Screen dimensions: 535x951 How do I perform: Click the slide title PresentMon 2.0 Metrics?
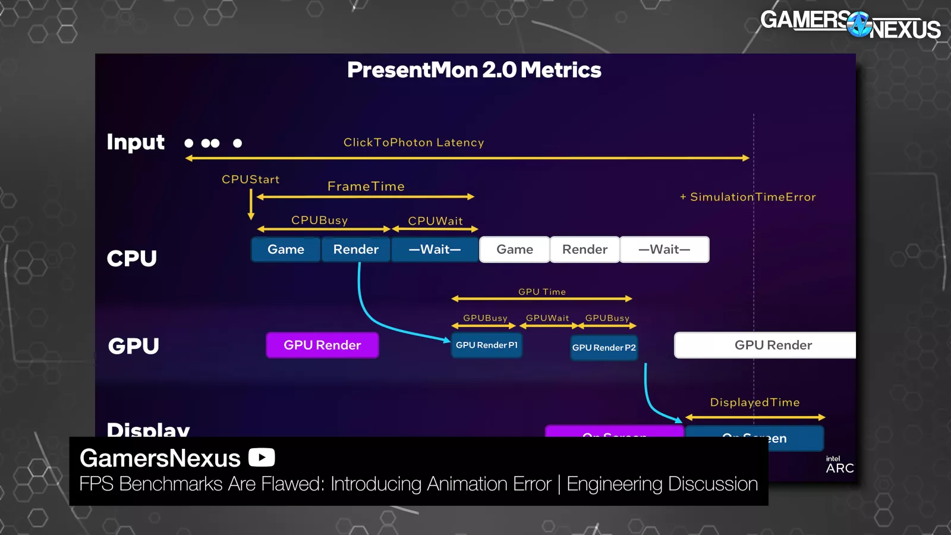(x=474, y=70)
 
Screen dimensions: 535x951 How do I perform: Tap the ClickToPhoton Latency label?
(x=414, y=143)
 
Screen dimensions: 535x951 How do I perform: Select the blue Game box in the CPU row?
(x=286, y=250)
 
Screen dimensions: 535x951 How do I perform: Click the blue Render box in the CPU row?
(x=355, y=250)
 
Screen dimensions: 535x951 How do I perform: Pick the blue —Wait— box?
(x=434, y=250)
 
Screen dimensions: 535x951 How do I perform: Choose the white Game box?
(x=515, y=250)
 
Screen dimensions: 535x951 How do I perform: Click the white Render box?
(x=585, y=250)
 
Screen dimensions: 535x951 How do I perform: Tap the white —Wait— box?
(x=665, y=250)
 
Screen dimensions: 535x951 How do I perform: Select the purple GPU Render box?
(x=322, y=345)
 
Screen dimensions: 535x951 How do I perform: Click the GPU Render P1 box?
(x=487, y=345)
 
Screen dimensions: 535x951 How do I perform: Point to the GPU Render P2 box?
(x=604, y=348)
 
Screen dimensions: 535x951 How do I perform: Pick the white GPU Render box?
(x=773, y=345)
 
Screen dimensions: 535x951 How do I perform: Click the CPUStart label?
(x=250, y=180)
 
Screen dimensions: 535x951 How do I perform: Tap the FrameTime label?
(x=366, y=187)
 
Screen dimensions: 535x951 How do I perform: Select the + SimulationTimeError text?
(x=748, y=197)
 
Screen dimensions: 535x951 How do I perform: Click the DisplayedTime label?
(x=755, y=402)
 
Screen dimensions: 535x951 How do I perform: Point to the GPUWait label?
(x=547, y=318)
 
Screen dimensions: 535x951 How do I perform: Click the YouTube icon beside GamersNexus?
(x=262, y=457)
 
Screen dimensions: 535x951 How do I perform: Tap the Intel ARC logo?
(x=839, y=465)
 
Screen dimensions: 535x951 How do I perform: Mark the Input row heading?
(x=136, y=143)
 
